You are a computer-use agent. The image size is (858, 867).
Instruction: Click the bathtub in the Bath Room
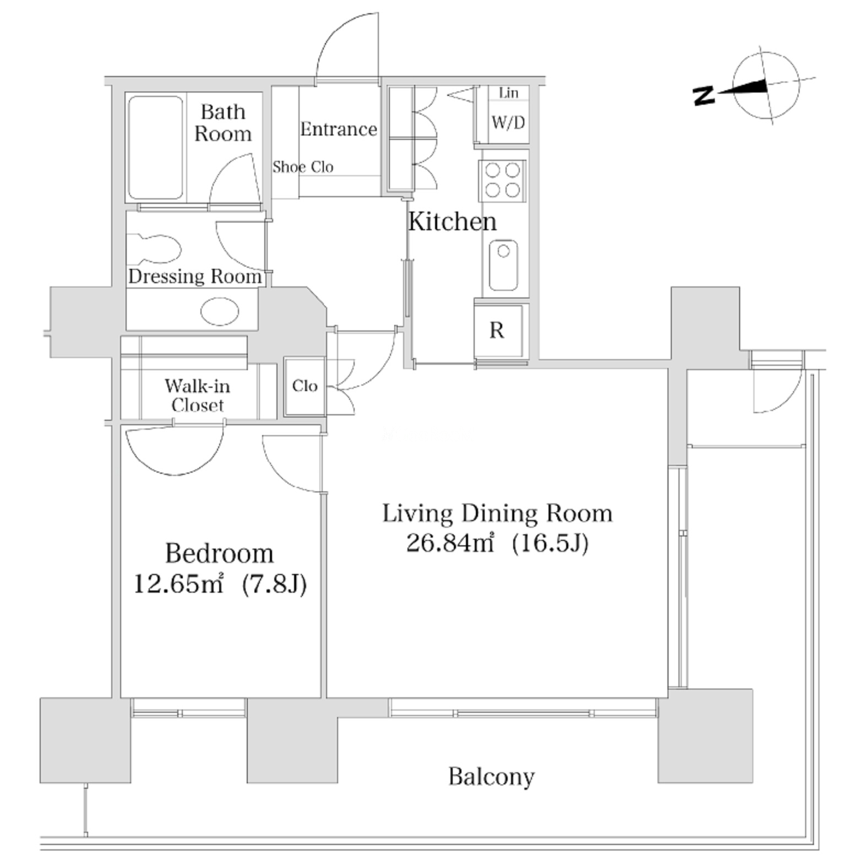[155, 148]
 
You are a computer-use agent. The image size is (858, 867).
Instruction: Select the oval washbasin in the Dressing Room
[219, 311]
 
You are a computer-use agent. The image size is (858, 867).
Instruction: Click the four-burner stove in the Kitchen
[502, 180]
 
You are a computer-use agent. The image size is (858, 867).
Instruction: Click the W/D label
[508, 122]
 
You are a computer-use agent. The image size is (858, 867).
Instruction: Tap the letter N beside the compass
[704, 96]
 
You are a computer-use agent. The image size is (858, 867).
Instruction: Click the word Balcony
[491, 777]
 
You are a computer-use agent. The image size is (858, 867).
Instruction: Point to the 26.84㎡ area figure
[449, 543]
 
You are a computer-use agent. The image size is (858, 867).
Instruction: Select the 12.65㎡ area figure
[178, 583]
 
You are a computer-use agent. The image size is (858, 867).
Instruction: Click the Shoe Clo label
[303, 167]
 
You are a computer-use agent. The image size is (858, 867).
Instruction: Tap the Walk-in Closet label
[197, 395]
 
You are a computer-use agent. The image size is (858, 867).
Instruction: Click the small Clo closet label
[305, 386]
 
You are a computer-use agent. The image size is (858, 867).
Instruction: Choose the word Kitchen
[452, 221]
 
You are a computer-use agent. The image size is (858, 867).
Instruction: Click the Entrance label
[339, 129]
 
